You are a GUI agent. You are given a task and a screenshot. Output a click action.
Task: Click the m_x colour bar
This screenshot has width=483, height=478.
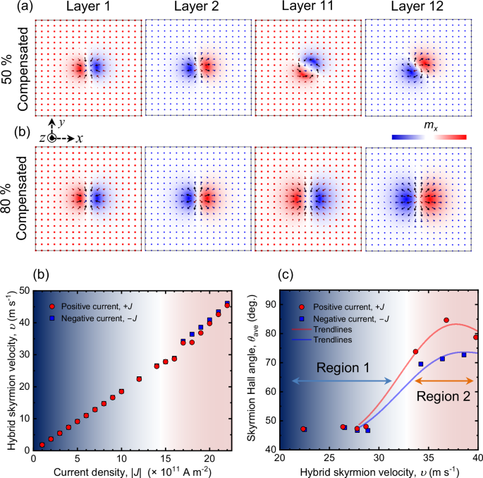click(430, 137)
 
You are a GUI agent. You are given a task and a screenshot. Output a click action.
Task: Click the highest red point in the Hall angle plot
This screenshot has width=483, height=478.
click(446, 321)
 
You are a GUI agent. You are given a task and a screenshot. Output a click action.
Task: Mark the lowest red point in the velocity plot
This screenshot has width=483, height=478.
click(42, 445)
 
